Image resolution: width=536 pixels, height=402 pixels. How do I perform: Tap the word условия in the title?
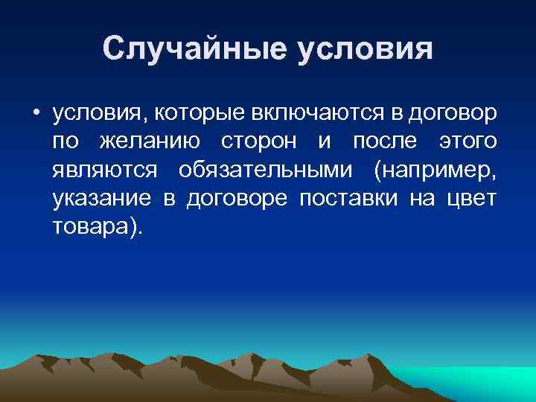pos(366,48)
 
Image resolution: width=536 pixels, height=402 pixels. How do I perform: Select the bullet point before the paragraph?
pos(36,114)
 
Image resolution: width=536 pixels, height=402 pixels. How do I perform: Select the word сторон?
pos(261,141)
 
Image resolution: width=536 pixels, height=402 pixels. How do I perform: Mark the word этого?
pos(466,141)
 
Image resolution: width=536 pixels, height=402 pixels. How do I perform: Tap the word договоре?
pos(233,198)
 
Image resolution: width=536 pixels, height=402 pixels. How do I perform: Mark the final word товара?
pos(94,226)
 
